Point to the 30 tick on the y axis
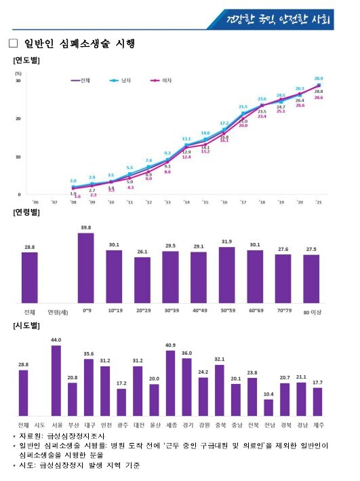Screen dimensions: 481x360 [18, 81]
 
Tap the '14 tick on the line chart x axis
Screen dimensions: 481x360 [186, 201]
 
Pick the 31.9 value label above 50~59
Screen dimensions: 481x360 [226, 242]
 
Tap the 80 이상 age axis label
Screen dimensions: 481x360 [311, 312]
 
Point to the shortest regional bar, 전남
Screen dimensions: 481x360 [268, 408]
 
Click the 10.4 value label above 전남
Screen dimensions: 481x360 [268, 394]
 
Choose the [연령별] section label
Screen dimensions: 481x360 [26, 213]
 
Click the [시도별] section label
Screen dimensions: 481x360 [26, 327]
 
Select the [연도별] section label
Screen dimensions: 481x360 [26, 61]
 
